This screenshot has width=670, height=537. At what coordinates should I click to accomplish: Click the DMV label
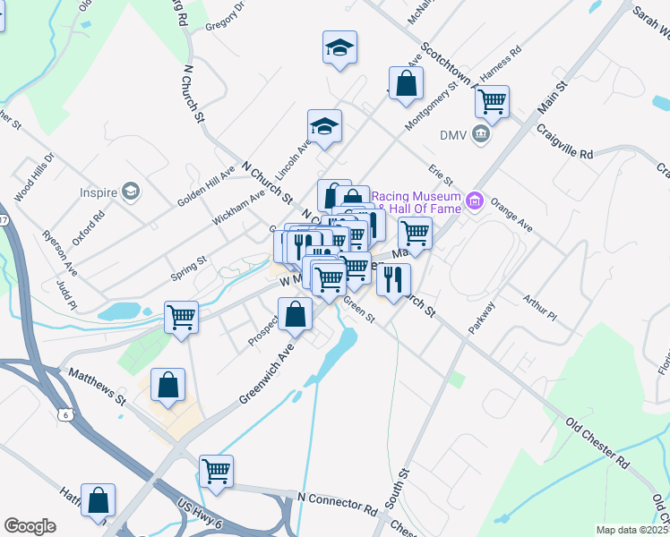coord(454,135)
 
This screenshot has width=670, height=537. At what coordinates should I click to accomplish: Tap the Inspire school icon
coord(132,192)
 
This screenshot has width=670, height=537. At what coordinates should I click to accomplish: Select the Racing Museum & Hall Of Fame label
coord(417,201)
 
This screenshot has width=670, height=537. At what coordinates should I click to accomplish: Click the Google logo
coord(30,526)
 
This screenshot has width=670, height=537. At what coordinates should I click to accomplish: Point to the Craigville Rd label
coord(565,141)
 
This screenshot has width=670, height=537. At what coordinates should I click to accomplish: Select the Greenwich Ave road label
coord(267,375)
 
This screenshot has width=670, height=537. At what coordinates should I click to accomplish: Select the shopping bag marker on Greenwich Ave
coord(295,314)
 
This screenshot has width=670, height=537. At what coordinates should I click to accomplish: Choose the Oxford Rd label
coord(89,227)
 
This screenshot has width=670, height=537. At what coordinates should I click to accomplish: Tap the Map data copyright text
coord(632,530)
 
